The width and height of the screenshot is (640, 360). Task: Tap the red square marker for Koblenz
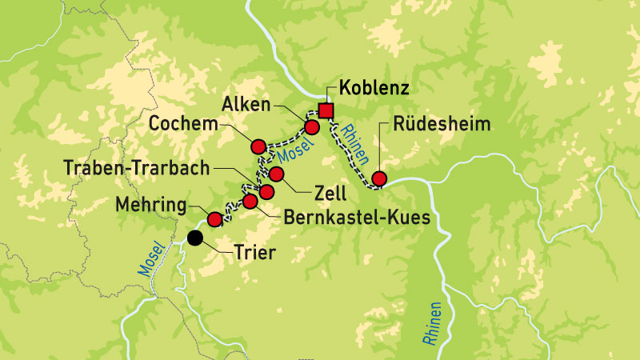(325, 110)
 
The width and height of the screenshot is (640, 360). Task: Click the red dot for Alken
(312, 127)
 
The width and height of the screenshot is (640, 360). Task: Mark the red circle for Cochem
(258, 146)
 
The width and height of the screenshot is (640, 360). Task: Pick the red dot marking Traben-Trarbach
(266, 191)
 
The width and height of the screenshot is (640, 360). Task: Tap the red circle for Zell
(277, 174)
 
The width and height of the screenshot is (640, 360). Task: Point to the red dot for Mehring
(214, 218)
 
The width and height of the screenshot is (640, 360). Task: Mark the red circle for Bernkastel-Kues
(250, 201)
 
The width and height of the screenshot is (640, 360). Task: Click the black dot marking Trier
(194, 237)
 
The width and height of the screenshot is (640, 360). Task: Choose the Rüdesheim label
(442, 126)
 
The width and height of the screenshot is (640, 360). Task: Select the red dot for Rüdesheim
(379, 178)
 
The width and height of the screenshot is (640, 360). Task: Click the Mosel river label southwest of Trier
(150, 258)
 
